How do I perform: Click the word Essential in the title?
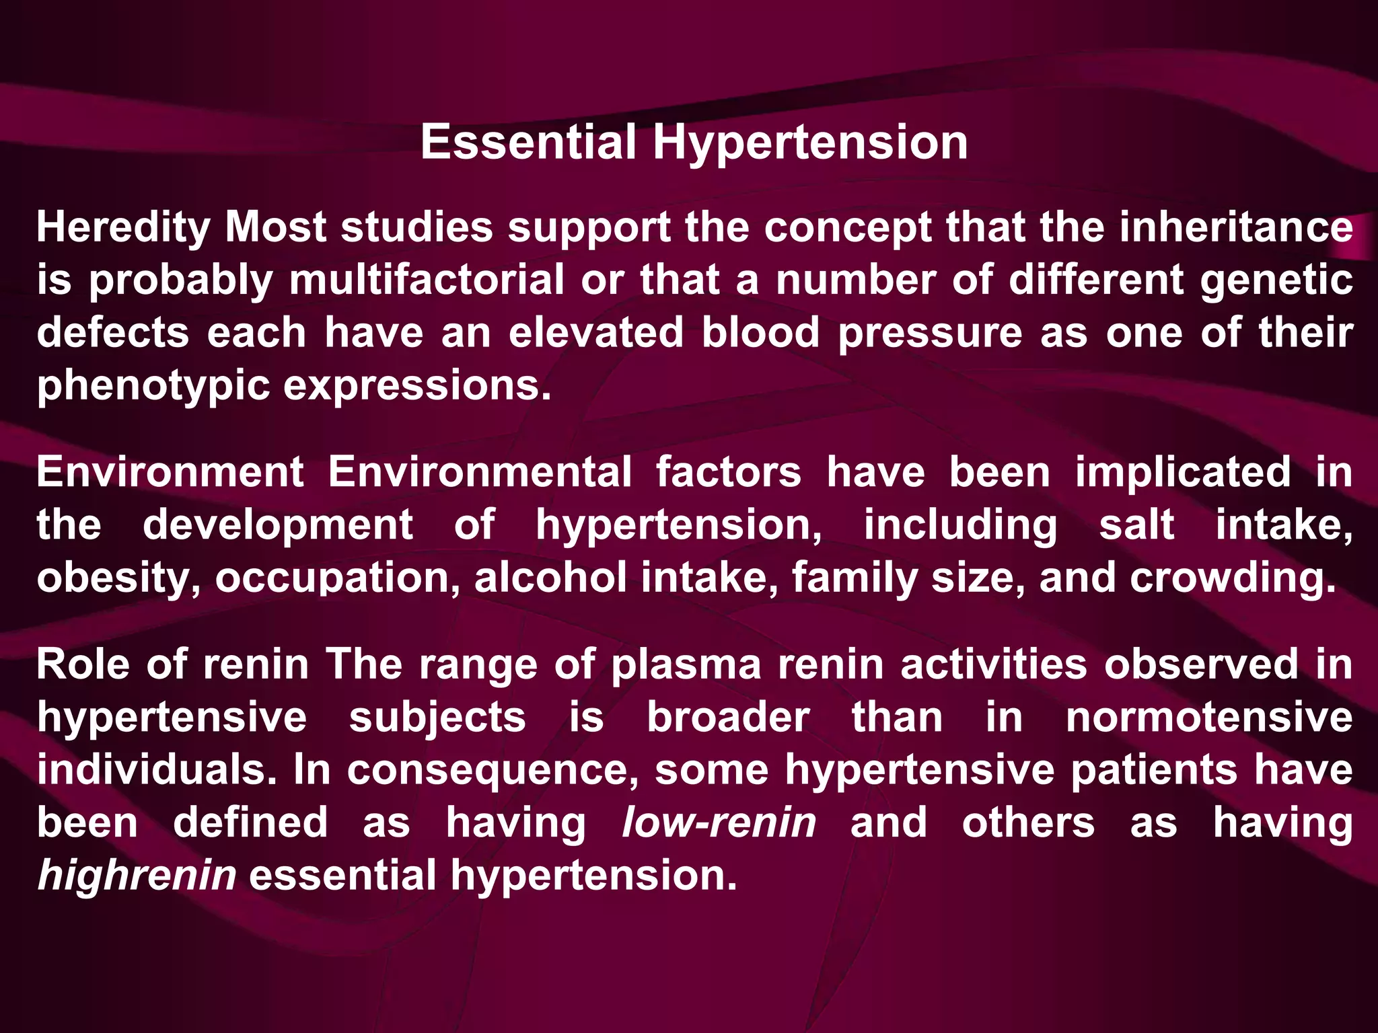pos(528,143)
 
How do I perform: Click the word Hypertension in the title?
pos(810,144)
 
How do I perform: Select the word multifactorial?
pos(427,280)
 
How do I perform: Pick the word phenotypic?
pos(153,387)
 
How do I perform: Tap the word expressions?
pos(417,387)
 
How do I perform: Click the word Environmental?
pos(480,472)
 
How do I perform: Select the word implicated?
pos(1183,472)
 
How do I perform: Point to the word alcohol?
pos(550,578)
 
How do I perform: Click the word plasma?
pos(686,665)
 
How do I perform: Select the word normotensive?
pos(1209,718)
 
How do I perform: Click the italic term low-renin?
pos(719,822)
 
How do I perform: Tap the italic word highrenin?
pos(137,876)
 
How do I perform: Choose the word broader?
pos(728,718)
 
